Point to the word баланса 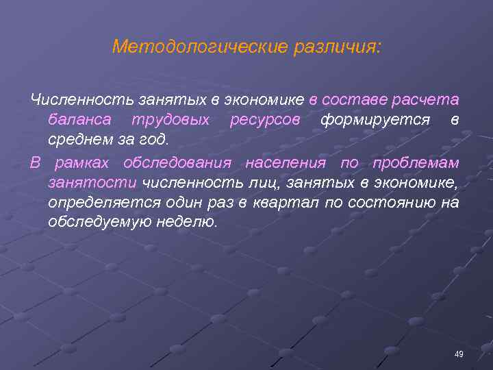click(x=77, y=120)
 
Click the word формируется click(x=375, y=120)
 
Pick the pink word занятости click(x=93, y=183)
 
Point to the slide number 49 click(x=459, y=354)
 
